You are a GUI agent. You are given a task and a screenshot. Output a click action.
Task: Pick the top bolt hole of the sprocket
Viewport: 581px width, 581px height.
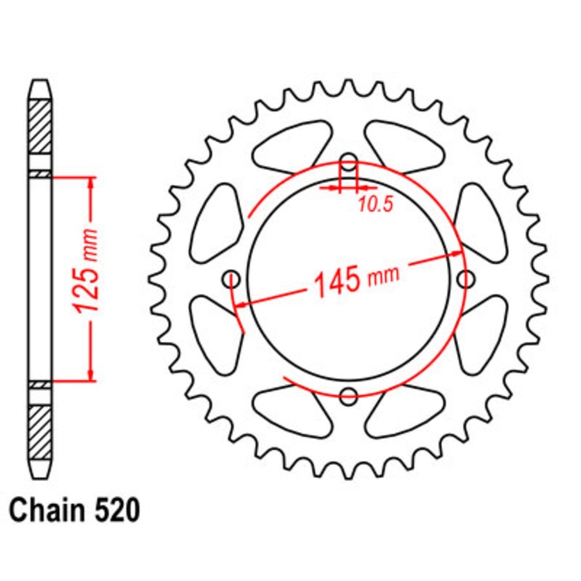pos(348,162)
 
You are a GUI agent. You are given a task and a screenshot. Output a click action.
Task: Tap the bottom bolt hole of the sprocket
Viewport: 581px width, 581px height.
pos(348,396)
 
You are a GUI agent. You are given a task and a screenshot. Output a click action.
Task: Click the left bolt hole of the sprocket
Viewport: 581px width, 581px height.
pos(232,279)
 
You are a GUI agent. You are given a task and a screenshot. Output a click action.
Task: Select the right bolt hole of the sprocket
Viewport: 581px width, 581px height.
pos(465,279)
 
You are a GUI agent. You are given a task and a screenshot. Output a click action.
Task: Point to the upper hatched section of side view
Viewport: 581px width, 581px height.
pos(40,126)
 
